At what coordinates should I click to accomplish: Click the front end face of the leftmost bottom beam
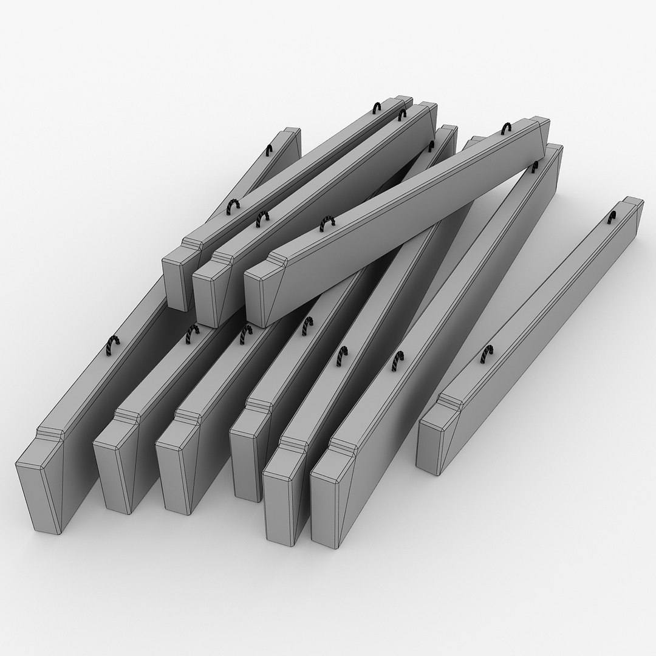(38, 495)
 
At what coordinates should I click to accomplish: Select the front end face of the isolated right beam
(431, 446)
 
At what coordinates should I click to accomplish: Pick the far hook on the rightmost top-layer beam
(507, 128)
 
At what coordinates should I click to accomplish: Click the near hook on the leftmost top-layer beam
(233, 207)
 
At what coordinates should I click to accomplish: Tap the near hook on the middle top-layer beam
(262, 218)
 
